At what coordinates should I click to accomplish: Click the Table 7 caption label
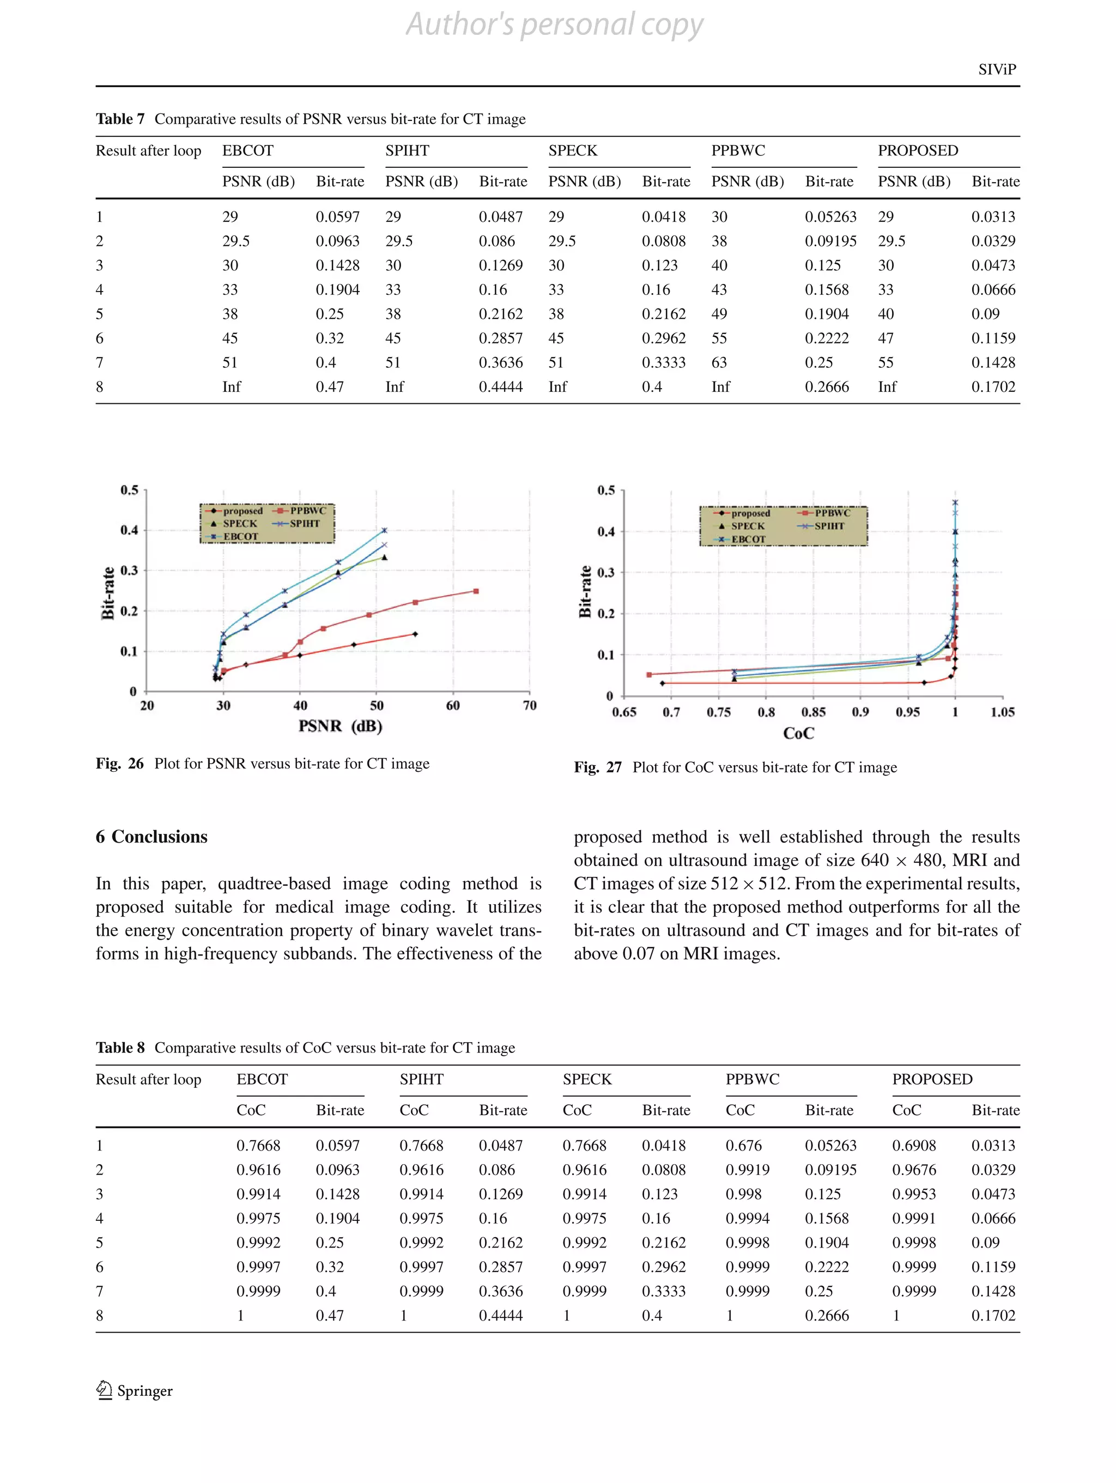[x=120, y=119]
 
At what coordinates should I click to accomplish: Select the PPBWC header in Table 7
[x=737, y=150]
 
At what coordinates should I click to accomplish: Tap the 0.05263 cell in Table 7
[x=830, y=216]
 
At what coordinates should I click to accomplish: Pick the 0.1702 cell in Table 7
[x=993, y=386]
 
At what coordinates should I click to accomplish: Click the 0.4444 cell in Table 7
[x=500, y=386]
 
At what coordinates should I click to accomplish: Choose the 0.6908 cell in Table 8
[x=914, y=1145]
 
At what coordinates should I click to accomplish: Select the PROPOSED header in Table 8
[x=932, y=1079]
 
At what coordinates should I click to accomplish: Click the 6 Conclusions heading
[x=151, y=837]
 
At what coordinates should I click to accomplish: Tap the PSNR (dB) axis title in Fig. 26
[x=340, y=726]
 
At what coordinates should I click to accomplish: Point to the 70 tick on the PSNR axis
[x=530, y=705]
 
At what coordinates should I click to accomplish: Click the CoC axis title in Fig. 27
[x=798, y=733]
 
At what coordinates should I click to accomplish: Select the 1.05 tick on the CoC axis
[x=1002, y=712]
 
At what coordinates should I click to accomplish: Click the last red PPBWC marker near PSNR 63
[x=476, y=591]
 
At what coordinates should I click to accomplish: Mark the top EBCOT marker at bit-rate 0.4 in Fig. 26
[x=384, y=530]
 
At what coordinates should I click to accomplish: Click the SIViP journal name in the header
[x=997, y=69]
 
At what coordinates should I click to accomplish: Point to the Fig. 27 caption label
[x=597, y=767]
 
